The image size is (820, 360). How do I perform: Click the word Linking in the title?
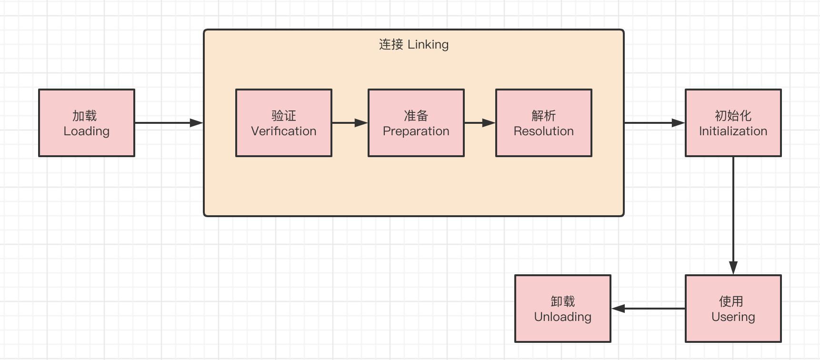pos(428,44)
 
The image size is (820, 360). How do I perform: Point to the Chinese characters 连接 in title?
pos(391,44)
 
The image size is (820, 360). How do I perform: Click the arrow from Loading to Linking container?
pos(169,123)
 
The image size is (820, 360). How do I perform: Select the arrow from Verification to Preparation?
pos(350,123)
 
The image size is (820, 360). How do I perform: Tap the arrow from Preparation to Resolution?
pos(480,123)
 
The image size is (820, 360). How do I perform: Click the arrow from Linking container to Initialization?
pos(654,123)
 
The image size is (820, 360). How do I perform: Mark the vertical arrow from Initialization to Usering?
pos(733,214)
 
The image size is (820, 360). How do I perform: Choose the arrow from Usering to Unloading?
pos(649,309)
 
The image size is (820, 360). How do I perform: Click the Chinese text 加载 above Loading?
pos(85,116)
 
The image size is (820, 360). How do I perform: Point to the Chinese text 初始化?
pos(733,116)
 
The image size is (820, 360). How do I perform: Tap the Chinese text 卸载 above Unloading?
pos(563,301)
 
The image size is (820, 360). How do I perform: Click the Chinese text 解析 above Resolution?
pos(544,116)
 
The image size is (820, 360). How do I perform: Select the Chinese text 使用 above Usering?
pos(731,301)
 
